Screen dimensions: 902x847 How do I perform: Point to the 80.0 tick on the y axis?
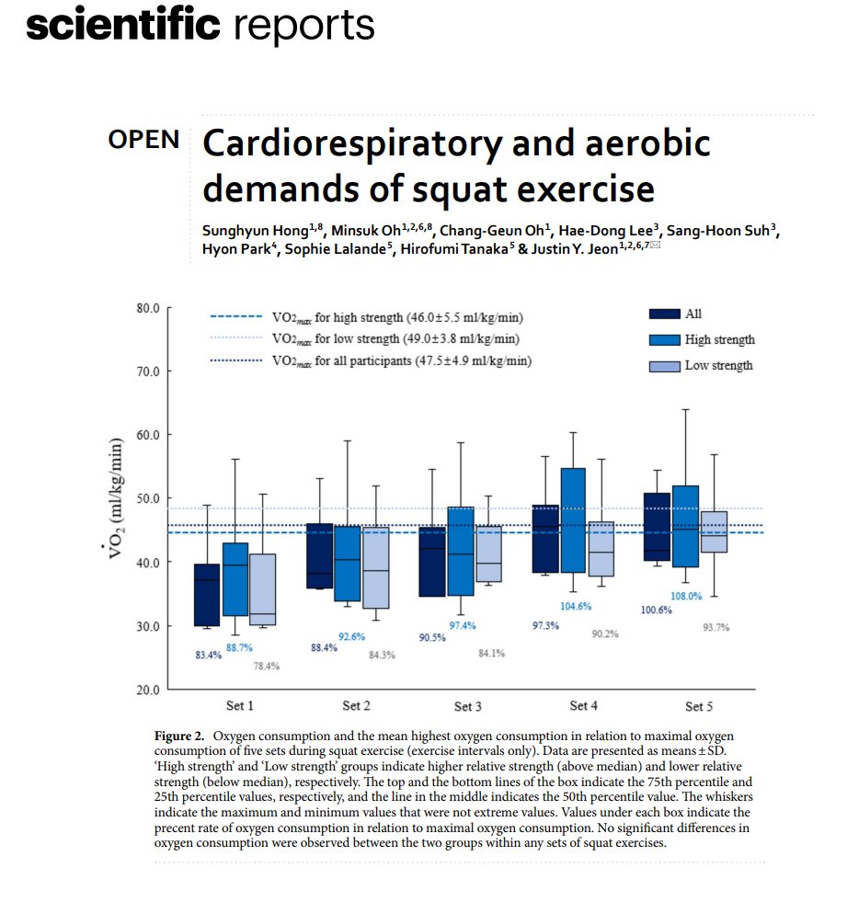click(148, 308)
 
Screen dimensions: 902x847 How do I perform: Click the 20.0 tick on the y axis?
click(148, 690)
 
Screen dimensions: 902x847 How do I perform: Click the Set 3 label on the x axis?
click(468, 707)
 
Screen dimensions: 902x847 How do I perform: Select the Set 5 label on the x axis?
click(699, 706)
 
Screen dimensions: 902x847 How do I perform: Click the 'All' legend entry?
click(692, 314)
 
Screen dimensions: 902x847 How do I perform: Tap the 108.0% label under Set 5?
click(686, 596)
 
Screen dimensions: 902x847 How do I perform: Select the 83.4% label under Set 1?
click(208, 656)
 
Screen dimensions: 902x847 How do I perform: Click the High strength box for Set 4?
click(573, 520)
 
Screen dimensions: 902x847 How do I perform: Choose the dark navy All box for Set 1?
click(206, 595)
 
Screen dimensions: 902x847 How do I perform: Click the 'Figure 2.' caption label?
click(177, 737)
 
